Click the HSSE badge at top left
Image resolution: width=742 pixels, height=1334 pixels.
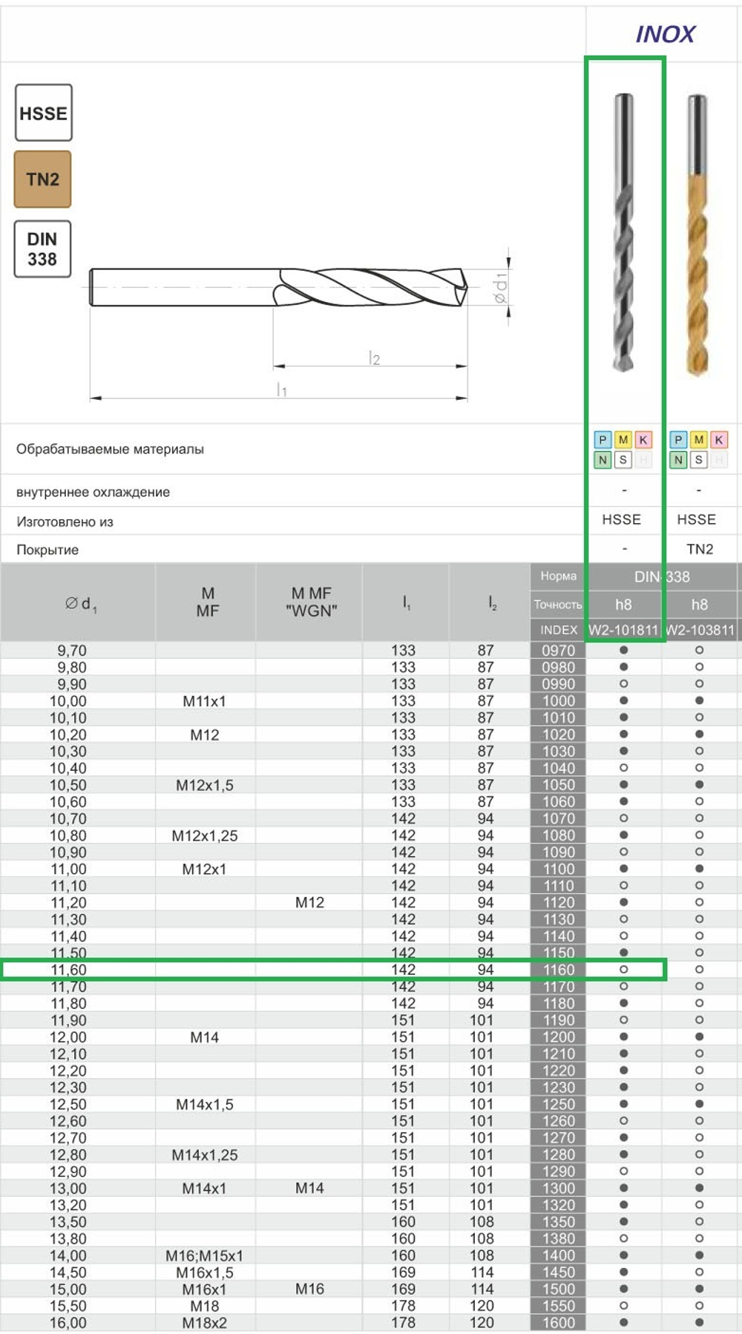click(x=43, y=113)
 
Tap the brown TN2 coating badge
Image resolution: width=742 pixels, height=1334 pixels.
click(x=42, y=179)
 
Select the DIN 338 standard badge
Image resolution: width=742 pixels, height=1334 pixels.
click(x=42, y=249)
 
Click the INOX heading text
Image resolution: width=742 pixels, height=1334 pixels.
click(x=665, y=34)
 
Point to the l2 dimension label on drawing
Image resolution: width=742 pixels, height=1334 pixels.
click(x=374, y=358)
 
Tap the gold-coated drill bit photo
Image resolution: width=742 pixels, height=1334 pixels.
click(x=697, y=237)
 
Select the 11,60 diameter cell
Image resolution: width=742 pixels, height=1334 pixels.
click(x=68, y=970)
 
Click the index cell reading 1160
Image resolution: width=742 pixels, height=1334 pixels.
click(x=558, y=970)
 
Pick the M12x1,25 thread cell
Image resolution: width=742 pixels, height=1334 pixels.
click(x=205, y=835)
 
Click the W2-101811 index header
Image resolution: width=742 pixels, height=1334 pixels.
click(x=623, y=630)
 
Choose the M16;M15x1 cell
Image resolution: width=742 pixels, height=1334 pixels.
click(x=205, y=1255)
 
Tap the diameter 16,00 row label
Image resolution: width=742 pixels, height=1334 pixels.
click(x=68, y=1322)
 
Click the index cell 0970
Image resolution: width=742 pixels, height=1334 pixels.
click(x=558, y=650)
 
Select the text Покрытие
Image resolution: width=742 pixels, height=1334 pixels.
click(x=47, y=550)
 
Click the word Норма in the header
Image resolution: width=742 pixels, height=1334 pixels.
click(x=558, y=576)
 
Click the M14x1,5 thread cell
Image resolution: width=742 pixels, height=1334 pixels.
click(x=205, y=1104)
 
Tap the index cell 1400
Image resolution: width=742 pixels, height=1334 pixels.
click(x=558, y=1255)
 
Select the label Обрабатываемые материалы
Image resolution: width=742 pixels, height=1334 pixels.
click(x=110, y=449)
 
